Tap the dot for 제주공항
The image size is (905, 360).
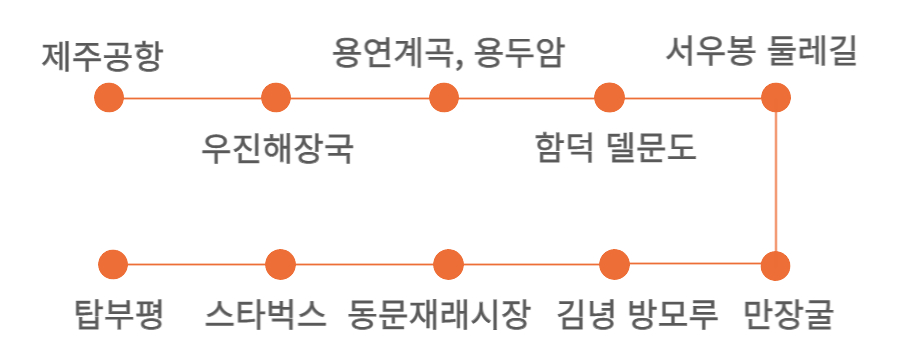click(x=108, y=98)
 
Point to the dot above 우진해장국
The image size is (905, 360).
click(x=276, y=98)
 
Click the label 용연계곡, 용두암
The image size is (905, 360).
click(x=448, y=52)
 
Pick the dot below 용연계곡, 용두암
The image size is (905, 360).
click(x=443, y=98)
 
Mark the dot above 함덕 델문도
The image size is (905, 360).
click(x=609, y=98)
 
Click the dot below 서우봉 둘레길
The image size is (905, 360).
click(x=776, y=98)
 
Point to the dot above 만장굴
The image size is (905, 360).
click(x=776, y=266)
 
